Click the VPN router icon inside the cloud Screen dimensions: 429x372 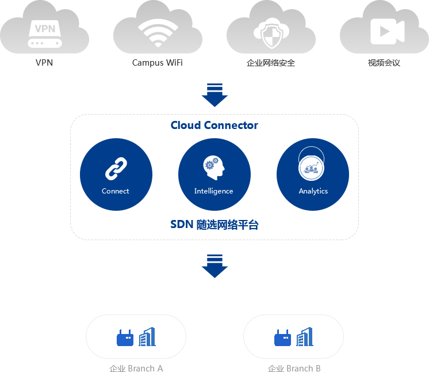tap(45, 34)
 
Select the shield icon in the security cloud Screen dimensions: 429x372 tap(271, 33)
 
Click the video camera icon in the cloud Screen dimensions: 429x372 tap(388, 32)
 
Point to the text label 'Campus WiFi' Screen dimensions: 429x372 tap(158, 63)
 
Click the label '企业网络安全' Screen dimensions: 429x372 tap(271, 63)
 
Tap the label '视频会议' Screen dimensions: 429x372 tap(384, 63)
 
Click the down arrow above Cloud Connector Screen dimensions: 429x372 tap(215, 95)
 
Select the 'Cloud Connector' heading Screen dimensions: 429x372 tap(215, 125)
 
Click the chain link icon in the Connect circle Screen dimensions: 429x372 tap(116, 169)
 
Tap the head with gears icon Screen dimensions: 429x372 tap(214, 168)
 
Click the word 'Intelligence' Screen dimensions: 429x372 tap(214, 191)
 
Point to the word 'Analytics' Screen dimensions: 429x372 tap(313, 191)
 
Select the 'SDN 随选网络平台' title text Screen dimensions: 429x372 tap(215, 225)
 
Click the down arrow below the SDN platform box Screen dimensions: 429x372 tap(215, 266)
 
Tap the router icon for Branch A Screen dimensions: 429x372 tap(125, 338)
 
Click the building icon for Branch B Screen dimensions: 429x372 tap(305, 337)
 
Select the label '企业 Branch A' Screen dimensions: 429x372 tap(136, 368)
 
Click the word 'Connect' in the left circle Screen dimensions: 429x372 tap(116, 191)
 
